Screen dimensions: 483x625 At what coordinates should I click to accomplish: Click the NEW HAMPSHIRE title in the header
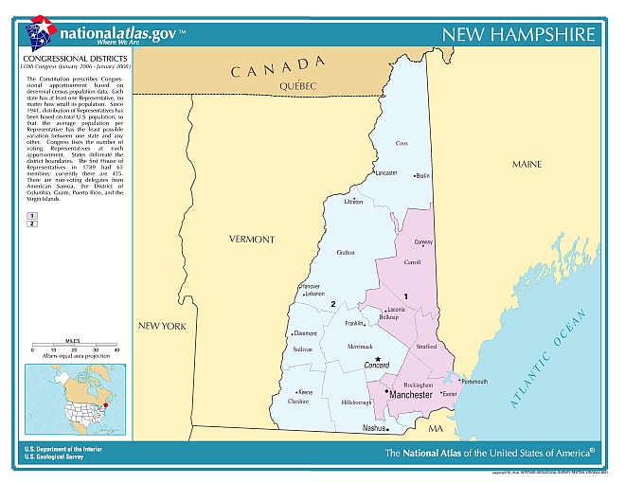point(520,35)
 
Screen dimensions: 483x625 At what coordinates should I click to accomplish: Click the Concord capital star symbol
point(378,359)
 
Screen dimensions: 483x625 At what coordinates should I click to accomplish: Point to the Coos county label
point(401,144)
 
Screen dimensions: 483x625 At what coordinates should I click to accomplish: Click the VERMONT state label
point(252,240)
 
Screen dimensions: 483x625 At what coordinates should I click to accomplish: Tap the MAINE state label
point(527,164)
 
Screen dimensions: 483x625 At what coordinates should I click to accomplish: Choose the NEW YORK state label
point(163,326)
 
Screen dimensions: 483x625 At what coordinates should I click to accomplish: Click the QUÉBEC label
point(296,86)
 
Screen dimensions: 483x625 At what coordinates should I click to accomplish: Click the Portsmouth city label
point(473,382)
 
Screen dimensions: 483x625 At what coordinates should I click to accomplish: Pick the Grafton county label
point(346,252)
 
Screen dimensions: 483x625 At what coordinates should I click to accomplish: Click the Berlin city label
point(422,175)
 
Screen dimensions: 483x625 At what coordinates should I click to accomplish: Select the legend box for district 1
point(31,216)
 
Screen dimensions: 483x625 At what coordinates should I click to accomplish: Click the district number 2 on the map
point(333,303)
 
